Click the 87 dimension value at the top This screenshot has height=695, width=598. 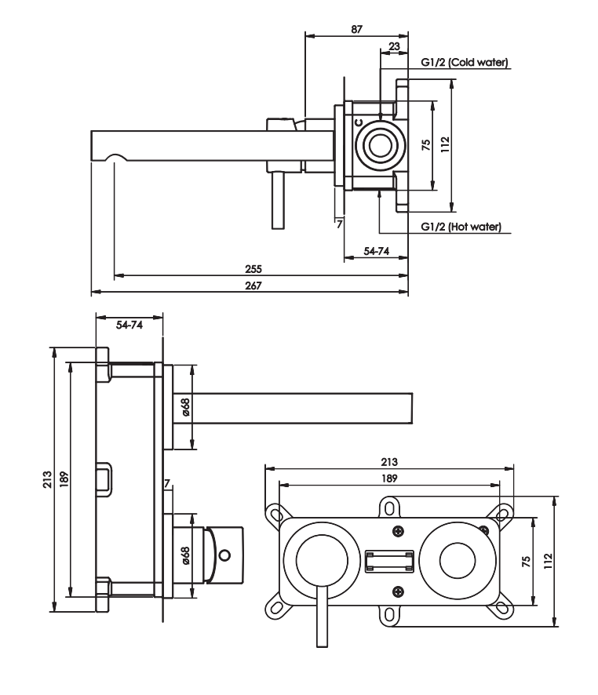tap(357, 29)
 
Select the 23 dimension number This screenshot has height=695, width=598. tap(394, 46)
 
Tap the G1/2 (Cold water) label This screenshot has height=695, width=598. tap(464, 63)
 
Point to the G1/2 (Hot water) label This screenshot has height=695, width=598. tap(461, 227)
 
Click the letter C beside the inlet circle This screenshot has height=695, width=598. tap(359, 122)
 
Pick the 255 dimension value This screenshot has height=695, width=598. tap(253, 269)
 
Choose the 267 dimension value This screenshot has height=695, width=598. tap(253, 286)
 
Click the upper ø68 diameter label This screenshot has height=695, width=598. tap(185, 407)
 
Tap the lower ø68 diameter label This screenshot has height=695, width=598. tap(185, 556)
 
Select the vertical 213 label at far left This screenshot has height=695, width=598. tap(47, 479)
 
